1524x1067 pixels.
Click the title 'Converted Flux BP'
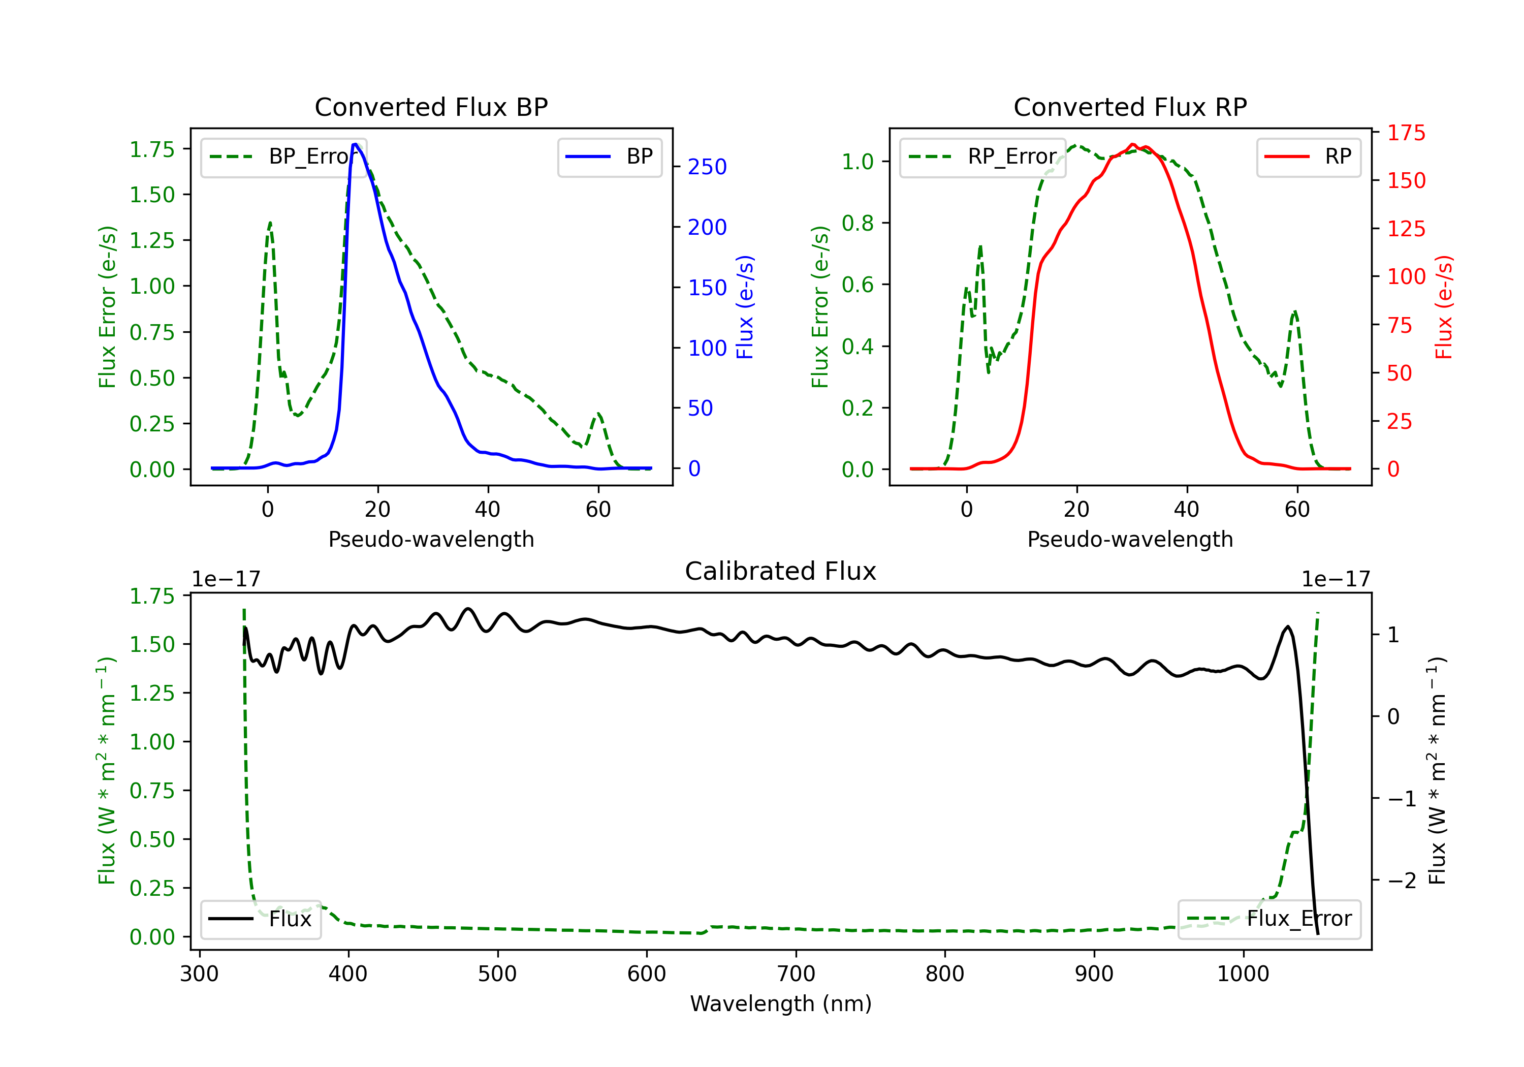pos(431,107)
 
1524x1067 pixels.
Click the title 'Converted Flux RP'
pos(1130,107)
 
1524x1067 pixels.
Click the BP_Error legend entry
pos(284,156)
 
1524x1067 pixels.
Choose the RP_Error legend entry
pos(983,156)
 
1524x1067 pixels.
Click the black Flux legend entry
pos(261,919)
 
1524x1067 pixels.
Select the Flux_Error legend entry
pos(1269,919)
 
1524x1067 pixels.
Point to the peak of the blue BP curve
pos(355,144)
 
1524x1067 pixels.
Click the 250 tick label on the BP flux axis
pos(707,167)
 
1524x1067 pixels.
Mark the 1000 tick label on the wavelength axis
pos(1243,974)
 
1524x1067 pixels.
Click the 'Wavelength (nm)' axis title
pos(781,1003)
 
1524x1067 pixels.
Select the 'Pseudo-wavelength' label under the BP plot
pos(431,539)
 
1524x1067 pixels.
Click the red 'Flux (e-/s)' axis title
pos(1444,307)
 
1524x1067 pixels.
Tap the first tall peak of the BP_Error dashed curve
pos(269,223)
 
